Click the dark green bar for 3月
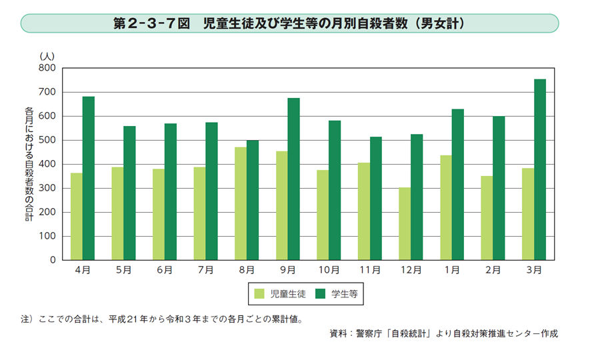[x=540, y=170]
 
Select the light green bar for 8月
[x=241, y=203]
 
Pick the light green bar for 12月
[x=405, y=224]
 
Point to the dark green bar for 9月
[x=293, y=179]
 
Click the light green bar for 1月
[x=446, y=208]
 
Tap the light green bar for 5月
[x=117, y=213]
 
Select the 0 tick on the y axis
[x=52, y=260]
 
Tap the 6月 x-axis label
[x=165, y=270]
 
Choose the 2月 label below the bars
[x=493, y=270]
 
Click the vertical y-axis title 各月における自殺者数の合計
[x=28, y=163]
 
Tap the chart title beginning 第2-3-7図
[x=289, y=23]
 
